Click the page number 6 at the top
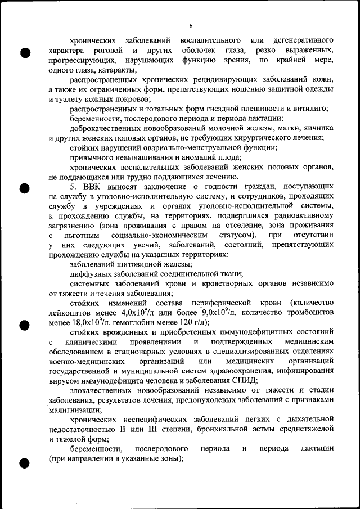(x=191, y=26)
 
